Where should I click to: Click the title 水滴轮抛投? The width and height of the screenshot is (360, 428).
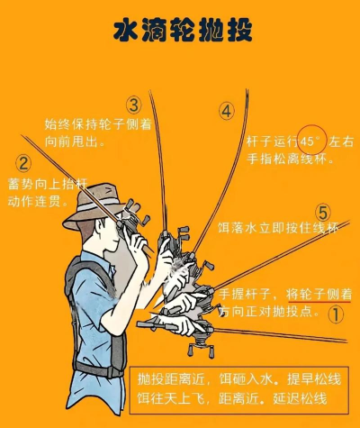[x=183, y=31]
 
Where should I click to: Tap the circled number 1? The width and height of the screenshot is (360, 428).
[x=336, y=314]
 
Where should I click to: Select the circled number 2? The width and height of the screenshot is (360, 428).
[x=23, y=164]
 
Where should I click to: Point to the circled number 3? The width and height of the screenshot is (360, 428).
[x=133, y=105]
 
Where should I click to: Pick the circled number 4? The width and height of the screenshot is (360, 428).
[x=226, y=112]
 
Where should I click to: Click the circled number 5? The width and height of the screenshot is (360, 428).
[x=323, y=213]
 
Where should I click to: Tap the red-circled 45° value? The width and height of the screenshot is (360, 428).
[x=312, y=141]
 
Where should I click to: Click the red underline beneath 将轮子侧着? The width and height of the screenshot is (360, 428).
[x=319, y=302]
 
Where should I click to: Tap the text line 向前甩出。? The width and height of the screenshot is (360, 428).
[x=75, y=141]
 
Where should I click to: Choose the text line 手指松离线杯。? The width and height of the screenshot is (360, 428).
[x=291, y=159]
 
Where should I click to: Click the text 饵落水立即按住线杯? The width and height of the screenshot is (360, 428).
[x=278, y=228]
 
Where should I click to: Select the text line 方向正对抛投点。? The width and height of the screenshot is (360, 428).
[x=268, y=312]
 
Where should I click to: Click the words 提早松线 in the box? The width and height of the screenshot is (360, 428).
[x=314, y=379]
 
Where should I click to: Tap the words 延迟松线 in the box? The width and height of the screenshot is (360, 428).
[x=300, y=398]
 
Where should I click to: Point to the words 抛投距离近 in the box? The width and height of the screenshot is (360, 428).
[x=171, y=379]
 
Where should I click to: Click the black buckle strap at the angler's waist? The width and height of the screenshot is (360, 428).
[x=97, y=369]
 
